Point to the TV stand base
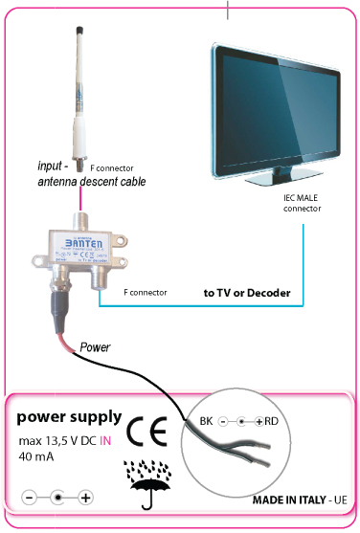[278, 179]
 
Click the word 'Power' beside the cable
[95, 345]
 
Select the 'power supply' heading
[69, 417]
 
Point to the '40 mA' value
[38, 456]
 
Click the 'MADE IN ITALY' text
[287, 500]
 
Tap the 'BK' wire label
[206, 421]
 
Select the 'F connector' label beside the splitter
[146, 291]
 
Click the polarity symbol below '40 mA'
[58, 498]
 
